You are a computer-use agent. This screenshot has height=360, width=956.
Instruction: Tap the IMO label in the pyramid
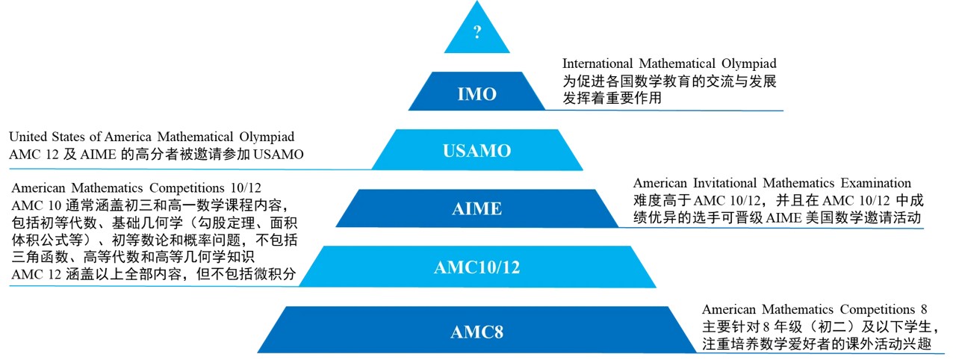click(477, 95)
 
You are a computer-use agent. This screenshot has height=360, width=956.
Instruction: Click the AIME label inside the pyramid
click(477, 209)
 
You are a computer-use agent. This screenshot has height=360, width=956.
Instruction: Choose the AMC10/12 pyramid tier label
click(477, 267)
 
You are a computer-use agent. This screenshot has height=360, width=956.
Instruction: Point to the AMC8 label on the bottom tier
click(477, 332)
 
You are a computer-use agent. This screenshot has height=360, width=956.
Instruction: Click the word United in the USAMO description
click(29, 137)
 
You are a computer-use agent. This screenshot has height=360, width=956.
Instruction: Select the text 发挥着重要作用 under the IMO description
click(612, 98)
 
